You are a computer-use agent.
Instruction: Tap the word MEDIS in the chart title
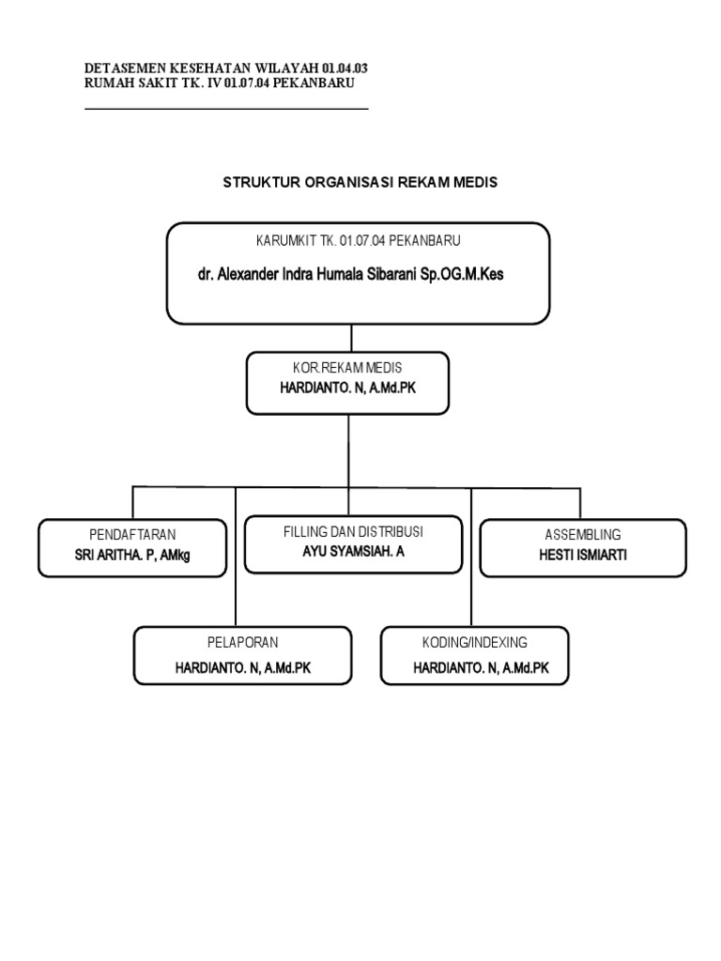pos(473,183)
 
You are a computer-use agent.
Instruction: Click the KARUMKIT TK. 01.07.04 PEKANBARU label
pos(360,240)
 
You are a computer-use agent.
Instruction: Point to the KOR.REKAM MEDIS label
pos(347,367)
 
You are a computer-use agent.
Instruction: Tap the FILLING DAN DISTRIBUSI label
pos(353,532)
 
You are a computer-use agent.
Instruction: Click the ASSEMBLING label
pos(583,534)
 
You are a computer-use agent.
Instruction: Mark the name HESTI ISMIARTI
pos(582,555)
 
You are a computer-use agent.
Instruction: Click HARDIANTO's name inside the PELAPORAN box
pos(242,668)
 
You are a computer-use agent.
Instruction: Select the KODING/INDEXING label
pos(474,643)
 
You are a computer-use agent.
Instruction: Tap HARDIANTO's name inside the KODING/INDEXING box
pos(481,668)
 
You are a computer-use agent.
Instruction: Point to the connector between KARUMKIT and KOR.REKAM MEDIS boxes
pos(350,338)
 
